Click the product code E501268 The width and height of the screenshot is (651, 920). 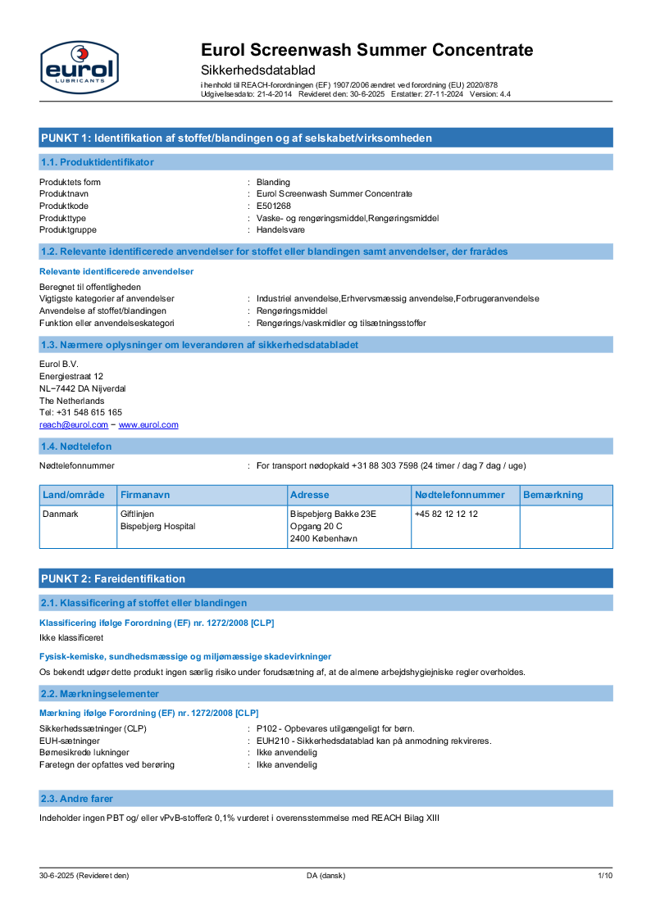coord(273,206)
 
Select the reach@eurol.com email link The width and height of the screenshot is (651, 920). coord(74,424)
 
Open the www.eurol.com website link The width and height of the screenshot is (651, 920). coord(148,424)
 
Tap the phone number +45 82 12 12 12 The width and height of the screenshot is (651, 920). coord(446,514)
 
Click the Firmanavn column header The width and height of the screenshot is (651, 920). coord(145,495)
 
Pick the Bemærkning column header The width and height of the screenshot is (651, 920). coord(553,495)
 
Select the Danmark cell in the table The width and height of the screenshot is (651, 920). coord(59,514)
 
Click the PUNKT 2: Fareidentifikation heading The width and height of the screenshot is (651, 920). coord(113,578)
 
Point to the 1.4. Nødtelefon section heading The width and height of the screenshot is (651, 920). coord(76,446)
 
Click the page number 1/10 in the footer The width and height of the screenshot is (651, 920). coord(605,876)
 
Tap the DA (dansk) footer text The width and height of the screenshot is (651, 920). coord(326,876)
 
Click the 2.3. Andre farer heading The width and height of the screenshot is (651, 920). coord(77,798)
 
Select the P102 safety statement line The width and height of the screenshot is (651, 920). coord(335,728)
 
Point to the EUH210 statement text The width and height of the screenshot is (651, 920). coord(374,741)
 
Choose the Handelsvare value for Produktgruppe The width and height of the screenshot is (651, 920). coord(280,229)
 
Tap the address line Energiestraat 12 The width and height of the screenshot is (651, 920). coord(71,375)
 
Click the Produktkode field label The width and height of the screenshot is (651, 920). coord(64,206)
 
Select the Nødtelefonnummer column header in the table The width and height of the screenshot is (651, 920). coord(460,495)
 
